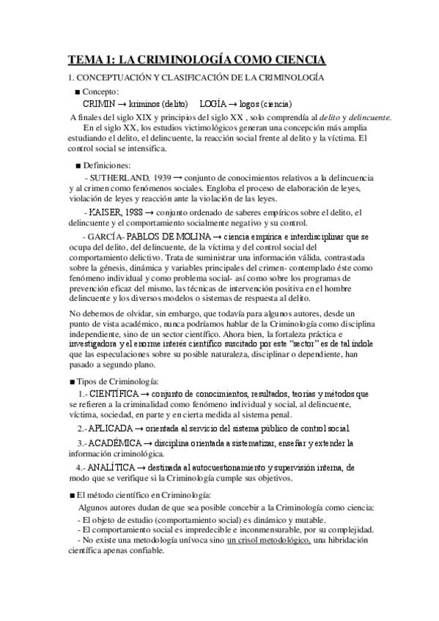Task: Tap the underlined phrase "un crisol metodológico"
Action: pyautogui.click(x=269, y=540)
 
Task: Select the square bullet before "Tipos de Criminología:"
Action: pyautogui.click(x=71, y=382)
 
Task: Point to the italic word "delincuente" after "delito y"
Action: pyautogui.click(x=367, y=117)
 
